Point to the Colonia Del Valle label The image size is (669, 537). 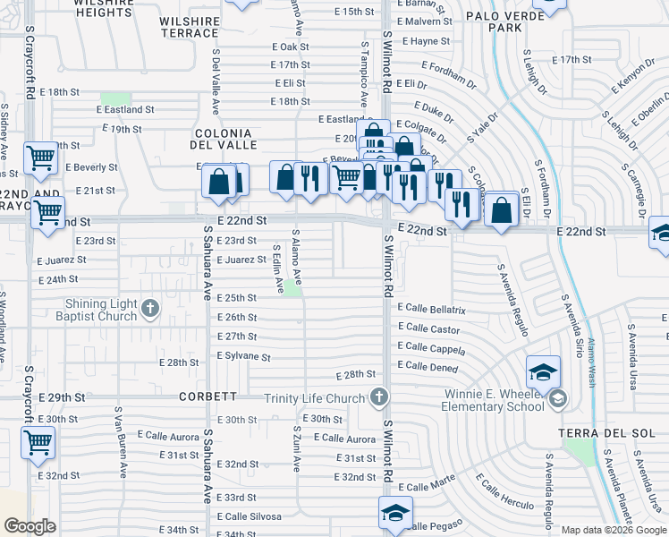225,138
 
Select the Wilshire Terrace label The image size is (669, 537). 189,26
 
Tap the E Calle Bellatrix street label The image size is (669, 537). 432,309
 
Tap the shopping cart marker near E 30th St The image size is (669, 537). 38,442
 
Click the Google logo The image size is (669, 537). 30,526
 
